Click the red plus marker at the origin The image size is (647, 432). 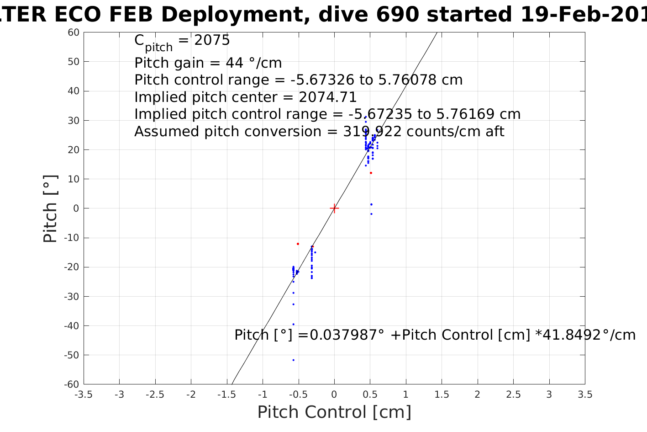[x=334, y=208]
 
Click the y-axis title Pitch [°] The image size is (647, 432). [x=50, y=208]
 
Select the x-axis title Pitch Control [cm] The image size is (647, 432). [x=334, y=412]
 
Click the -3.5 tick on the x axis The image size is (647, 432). [x=84, y=395]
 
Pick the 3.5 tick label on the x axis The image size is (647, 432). [x=585, y=395]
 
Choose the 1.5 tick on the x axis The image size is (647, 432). [x=442, y=395]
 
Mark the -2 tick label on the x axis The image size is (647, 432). [x=191, y=395]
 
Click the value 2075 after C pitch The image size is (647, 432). [x=212, y=41]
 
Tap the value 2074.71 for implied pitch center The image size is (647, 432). [x=327, y=97]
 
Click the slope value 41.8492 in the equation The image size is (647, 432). [x=568, y=335]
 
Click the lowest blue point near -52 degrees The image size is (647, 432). [x=293, y=360]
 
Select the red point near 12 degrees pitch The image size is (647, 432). [x=371, y=173]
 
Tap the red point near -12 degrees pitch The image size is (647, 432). [x=298, y=244]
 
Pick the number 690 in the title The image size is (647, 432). [x=396, y=15]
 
